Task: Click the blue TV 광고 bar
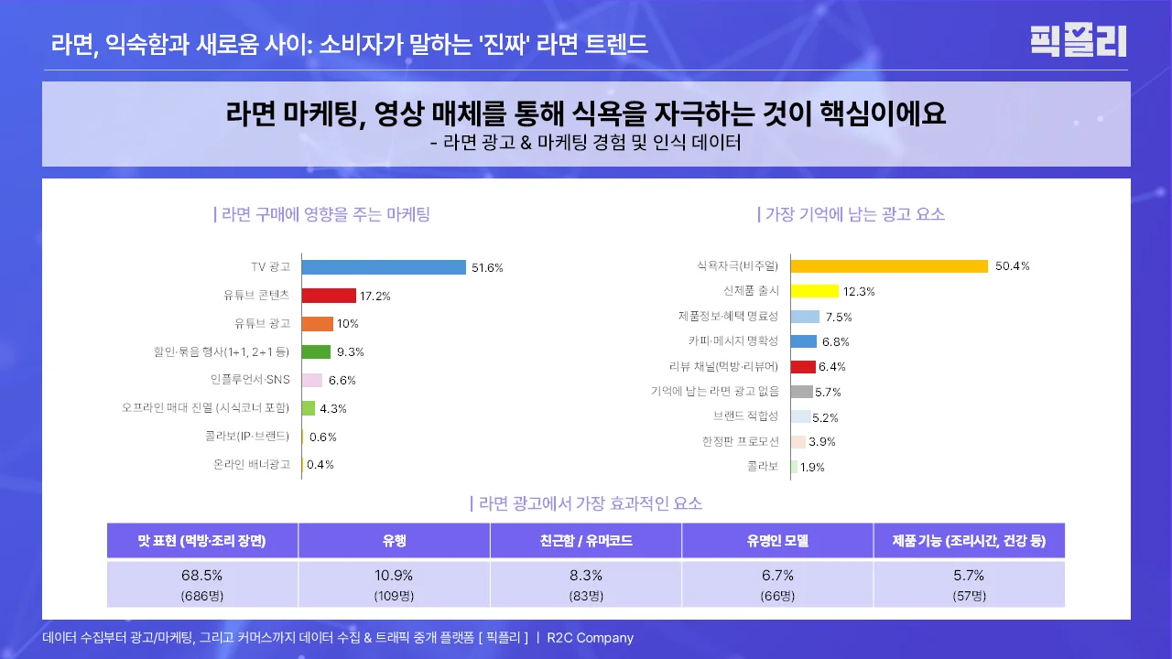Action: [384, 267]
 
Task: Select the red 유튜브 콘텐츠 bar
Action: [329, 296]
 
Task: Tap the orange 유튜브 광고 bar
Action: [317, 324]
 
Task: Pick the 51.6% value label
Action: [487, 268]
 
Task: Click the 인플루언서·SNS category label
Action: [250, 380]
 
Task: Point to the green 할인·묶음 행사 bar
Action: [316, 351]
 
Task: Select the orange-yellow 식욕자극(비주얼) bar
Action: [889, 266]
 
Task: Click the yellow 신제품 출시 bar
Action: [814, 291]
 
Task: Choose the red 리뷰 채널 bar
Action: [802, 367]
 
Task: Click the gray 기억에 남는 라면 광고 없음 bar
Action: [801, 392]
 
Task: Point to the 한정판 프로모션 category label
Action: [740, 441]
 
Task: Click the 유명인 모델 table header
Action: [777, 540]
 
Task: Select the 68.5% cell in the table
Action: [202, 576]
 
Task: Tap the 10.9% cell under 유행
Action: [394, 576]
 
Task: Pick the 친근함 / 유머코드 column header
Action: [586, 540]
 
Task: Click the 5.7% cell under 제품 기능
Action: [969, 576]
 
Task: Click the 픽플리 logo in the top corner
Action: [1079, 41]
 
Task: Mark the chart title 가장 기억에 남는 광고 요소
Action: [852, 215]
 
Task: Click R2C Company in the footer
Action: [590, 638]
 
